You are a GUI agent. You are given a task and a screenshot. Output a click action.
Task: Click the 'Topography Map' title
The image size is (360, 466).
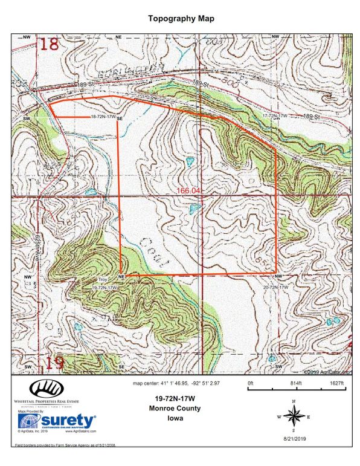pos(181,19)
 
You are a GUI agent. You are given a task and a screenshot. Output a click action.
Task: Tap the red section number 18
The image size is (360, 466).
pos(51,44)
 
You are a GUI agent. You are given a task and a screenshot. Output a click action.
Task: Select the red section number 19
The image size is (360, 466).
pos(54,363)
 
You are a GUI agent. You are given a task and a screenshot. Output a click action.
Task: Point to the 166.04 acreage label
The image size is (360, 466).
pos(188,190)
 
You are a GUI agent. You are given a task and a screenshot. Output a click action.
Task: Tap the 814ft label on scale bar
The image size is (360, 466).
pos(295,383)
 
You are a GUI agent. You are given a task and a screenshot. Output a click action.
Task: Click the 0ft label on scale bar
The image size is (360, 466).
pos(251,383)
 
